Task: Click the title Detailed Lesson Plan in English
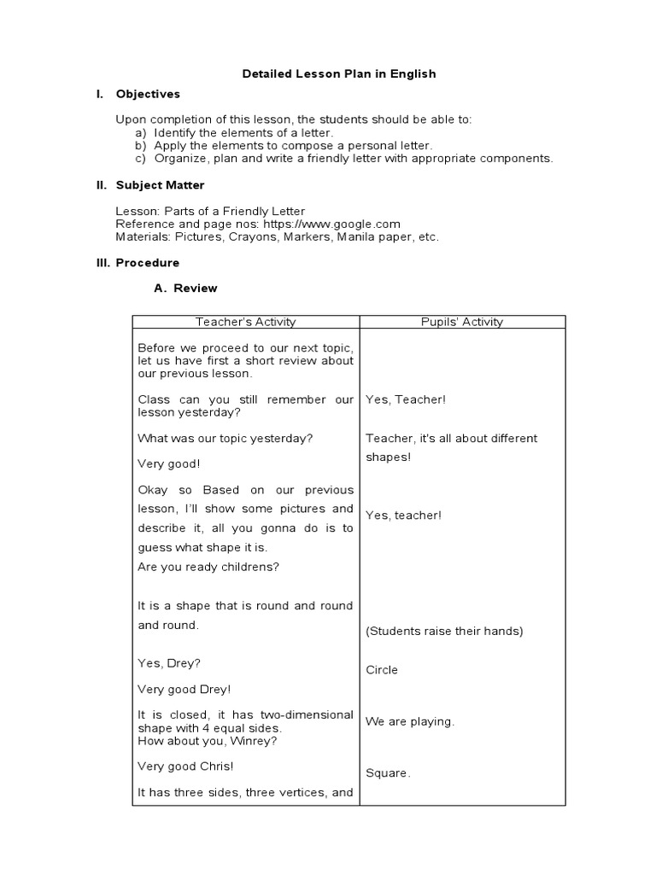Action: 339,74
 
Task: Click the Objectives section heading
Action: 148,94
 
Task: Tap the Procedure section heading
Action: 148,263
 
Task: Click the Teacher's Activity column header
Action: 245,322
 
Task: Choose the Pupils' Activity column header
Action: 462,322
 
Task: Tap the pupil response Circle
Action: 382,670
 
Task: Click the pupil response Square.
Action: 388,773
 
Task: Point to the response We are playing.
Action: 410,721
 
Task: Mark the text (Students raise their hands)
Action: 444,632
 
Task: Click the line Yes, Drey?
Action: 169,663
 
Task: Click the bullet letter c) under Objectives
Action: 140,158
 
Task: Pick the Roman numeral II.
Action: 100,185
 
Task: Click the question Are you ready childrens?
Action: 208,567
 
